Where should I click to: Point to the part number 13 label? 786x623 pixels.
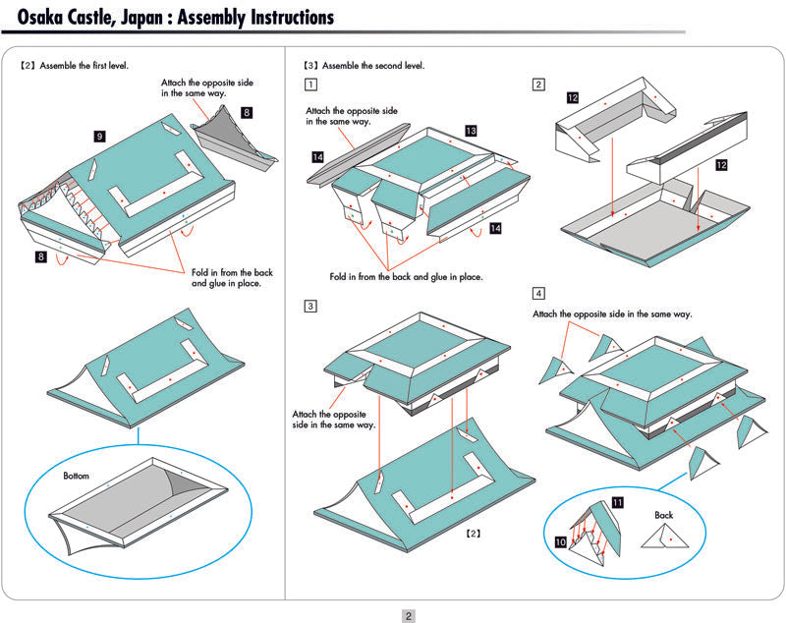(471, 131)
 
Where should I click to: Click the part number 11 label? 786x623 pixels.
(617, 502)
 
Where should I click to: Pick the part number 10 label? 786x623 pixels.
(559, 541)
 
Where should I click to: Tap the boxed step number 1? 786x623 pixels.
(310, 85)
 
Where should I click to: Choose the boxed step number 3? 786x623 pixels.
(310, 307)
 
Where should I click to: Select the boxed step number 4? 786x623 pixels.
(538, 293)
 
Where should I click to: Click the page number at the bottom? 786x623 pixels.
(409, 616)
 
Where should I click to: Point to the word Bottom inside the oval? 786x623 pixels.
(77, 476)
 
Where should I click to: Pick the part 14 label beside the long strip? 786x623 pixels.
(318, 156)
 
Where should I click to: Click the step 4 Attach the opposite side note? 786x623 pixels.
(612, 313)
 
